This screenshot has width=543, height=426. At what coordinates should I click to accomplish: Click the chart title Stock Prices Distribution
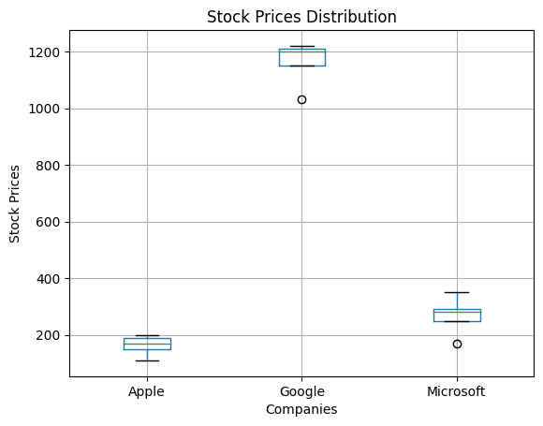coord(301,17)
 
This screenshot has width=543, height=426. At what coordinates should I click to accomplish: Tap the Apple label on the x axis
coord(147,391)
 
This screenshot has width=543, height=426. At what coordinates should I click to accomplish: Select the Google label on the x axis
coord(301,391)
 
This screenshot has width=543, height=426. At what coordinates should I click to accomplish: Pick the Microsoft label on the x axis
coord(457,391)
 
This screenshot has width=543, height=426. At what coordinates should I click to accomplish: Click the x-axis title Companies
coord(301,409)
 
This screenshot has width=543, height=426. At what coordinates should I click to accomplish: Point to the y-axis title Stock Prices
coord(15,203)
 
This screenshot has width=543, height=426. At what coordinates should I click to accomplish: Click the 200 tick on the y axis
coord(48,335)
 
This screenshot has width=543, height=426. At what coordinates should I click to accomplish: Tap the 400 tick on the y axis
coord(48,279)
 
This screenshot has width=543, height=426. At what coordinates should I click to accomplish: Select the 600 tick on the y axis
coord(48,222)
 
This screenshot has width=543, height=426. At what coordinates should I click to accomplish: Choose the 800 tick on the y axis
coord(48,166)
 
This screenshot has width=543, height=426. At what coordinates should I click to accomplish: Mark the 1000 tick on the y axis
coord(44,109)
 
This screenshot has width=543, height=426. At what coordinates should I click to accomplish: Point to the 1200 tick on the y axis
coord(44,52)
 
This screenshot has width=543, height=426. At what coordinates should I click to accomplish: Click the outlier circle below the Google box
coord(301,99)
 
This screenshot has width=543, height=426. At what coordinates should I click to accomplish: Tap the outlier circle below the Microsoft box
coord(457,344)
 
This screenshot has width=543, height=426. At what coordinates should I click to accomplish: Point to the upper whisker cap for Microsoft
coord(457,293)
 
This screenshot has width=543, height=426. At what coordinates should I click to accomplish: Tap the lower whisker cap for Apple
coord(147,360)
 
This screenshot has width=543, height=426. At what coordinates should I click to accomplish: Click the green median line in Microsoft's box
coord(457,312)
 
